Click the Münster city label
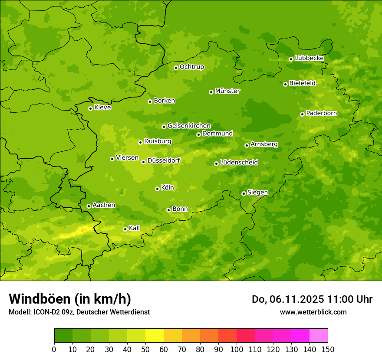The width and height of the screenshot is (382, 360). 227,91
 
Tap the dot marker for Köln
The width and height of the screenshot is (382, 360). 157,189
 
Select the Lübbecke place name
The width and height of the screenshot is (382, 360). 309,58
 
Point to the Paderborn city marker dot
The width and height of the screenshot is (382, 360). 302,114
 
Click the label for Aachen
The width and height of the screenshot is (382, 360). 104,205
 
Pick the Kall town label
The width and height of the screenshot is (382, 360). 134,228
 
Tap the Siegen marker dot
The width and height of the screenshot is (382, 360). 244,193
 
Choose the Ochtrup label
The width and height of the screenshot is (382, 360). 191,67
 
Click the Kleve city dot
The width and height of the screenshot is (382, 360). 90,108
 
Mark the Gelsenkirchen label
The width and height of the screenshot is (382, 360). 189,126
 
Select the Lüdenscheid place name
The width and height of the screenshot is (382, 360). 239,163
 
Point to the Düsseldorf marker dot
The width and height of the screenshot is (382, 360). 143,162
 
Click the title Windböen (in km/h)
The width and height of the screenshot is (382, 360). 70,299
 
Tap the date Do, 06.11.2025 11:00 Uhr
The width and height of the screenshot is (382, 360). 312,299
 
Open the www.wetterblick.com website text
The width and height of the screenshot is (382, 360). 313,312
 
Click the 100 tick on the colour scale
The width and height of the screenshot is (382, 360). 237,349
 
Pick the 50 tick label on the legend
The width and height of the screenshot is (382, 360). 145,349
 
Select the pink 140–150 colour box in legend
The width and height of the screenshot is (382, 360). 319,335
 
